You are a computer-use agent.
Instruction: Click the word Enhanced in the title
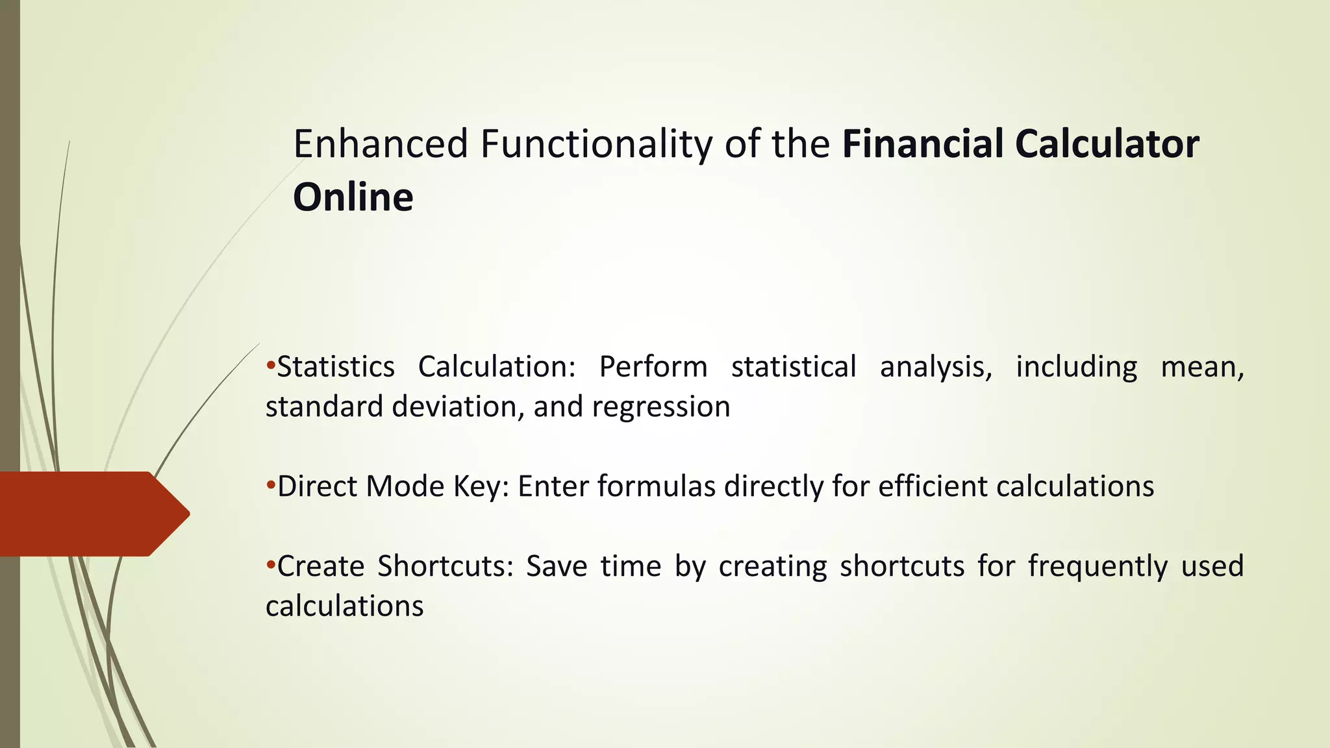tap(381, 144)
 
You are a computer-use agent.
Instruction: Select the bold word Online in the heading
tap(353, 197)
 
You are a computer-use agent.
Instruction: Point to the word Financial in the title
tap(923, 144)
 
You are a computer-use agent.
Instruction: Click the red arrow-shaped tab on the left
tap(91, 514)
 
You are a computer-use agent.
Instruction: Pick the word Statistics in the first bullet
tap(336, 367)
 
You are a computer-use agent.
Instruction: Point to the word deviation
tap(455, 407)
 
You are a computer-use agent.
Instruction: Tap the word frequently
tap(1098, 567)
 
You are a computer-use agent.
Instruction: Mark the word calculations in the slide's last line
tap(344, 606)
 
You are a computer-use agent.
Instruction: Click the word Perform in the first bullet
tap(653, 368)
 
